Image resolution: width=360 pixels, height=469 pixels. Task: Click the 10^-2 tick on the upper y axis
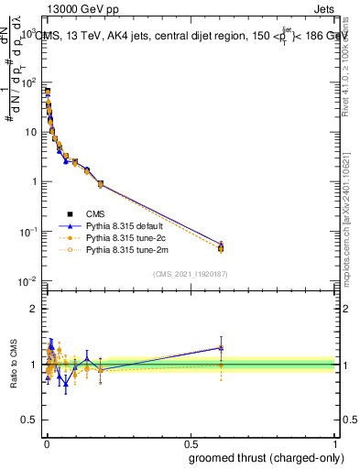pos(27,280)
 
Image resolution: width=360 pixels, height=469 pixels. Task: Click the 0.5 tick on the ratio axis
pos(29,421)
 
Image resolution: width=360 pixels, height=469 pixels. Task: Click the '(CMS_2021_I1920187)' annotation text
pos(190,273)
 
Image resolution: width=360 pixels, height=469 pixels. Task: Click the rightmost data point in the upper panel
pos(220,247)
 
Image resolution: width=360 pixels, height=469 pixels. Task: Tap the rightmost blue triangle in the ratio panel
pos(220,347)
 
